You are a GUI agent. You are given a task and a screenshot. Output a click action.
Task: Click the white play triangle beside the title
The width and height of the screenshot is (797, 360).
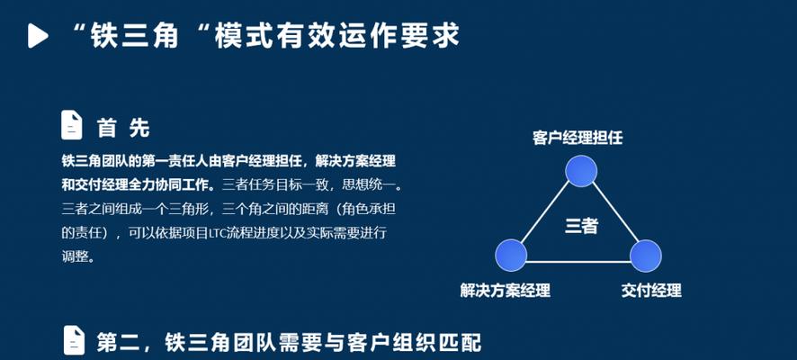(37, 36)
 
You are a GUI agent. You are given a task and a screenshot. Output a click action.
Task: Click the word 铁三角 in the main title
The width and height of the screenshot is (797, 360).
(135, 36)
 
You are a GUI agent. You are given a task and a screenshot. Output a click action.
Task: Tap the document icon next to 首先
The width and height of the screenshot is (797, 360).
(72, 125)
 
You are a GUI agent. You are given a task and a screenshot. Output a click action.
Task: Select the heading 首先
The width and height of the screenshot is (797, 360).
(123, 128)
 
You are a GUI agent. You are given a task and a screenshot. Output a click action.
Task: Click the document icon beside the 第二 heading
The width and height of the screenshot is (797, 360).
(74, 340)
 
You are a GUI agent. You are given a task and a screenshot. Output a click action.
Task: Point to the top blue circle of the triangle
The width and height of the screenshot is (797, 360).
(581, 171)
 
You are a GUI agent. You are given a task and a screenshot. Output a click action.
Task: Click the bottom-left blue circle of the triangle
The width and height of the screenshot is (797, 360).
(511, 256)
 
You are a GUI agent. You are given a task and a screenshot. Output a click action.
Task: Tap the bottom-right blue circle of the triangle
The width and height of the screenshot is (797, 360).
(646, 256)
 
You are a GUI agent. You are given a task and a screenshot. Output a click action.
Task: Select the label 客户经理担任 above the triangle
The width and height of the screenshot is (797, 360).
(578, 138)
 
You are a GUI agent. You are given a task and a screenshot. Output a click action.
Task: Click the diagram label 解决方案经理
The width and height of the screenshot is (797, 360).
(506, 291)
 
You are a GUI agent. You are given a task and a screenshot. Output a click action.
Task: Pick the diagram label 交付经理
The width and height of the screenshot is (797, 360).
(651, 291)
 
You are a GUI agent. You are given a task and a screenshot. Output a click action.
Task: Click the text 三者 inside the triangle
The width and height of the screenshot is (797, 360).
(581, 226)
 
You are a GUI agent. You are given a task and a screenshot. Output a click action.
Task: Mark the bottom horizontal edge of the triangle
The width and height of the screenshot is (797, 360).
(578, 262)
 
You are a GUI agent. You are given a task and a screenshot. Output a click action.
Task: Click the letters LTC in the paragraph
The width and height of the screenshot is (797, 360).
(218, 234)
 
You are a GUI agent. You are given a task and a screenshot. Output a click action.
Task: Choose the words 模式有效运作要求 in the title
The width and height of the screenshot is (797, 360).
(336, 36)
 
